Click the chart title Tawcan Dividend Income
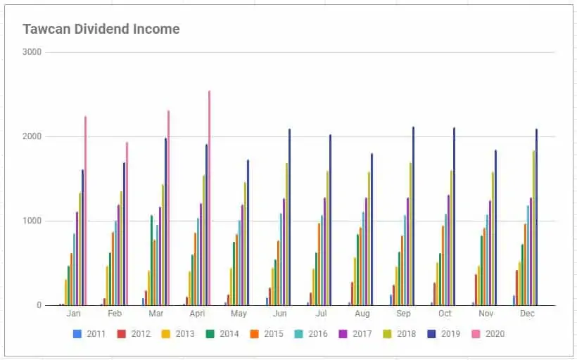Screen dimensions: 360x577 (101, 30)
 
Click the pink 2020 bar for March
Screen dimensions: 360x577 (168, 208)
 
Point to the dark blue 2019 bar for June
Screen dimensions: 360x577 (289, 217)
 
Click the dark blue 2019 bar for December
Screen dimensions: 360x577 (536, 217)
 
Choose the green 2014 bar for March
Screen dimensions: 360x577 (151, 260)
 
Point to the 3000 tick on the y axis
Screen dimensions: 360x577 (32, 52)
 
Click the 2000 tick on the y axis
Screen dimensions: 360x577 (32, 136)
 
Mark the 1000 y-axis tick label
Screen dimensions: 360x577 (32, 221)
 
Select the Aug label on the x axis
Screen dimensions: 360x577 (363, 314)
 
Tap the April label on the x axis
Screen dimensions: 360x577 (198, 314)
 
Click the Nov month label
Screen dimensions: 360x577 (486, 314)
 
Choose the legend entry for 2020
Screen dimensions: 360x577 (489, 334)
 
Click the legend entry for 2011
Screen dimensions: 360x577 (89, 334)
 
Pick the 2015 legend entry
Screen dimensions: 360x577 (267, 334)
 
